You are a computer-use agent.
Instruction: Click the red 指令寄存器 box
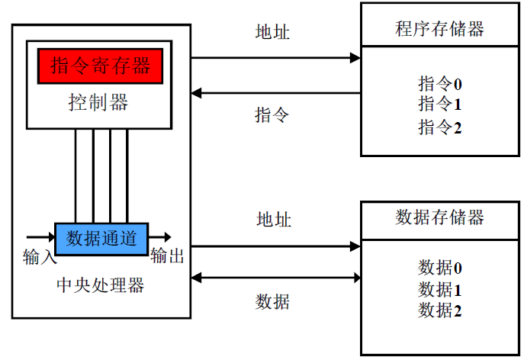pos(101,66)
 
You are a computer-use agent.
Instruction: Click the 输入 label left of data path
pos(40,256)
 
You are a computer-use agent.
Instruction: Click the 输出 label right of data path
pos(168,256)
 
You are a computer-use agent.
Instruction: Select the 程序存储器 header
pos(439,29)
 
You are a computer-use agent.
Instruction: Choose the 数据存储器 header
pos(439,217)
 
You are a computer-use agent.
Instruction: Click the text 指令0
pos(440,83)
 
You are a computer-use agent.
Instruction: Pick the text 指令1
pos(440,104)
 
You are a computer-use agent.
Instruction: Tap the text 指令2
pos(440,127)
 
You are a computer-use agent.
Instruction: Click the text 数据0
pos(440,268)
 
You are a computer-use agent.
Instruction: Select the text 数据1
pos(440,289)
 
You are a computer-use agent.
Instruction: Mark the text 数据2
pos(440,310)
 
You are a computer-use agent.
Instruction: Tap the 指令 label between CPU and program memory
pos(272,115)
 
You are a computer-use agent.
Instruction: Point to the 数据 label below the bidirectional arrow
pos(272,302)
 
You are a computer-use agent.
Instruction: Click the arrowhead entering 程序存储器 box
pos(355,58)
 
